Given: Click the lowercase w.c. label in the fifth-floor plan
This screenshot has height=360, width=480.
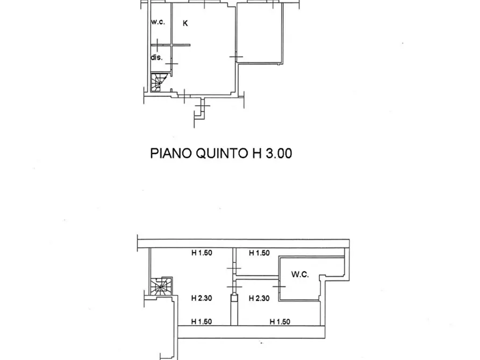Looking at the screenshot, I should coord(157,22).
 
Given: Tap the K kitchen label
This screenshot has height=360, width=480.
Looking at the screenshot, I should coord(185,23).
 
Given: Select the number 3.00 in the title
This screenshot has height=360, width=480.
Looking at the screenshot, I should coord(277,154).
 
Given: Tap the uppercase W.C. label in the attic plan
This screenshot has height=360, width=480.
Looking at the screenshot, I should coord(299,274).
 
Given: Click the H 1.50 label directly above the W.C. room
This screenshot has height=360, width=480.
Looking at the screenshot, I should coord(258,253).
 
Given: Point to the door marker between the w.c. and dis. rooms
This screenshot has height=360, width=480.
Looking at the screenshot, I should coord(157,44).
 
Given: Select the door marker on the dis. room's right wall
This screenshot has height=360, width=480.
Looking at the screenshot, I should coord(171,64).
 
